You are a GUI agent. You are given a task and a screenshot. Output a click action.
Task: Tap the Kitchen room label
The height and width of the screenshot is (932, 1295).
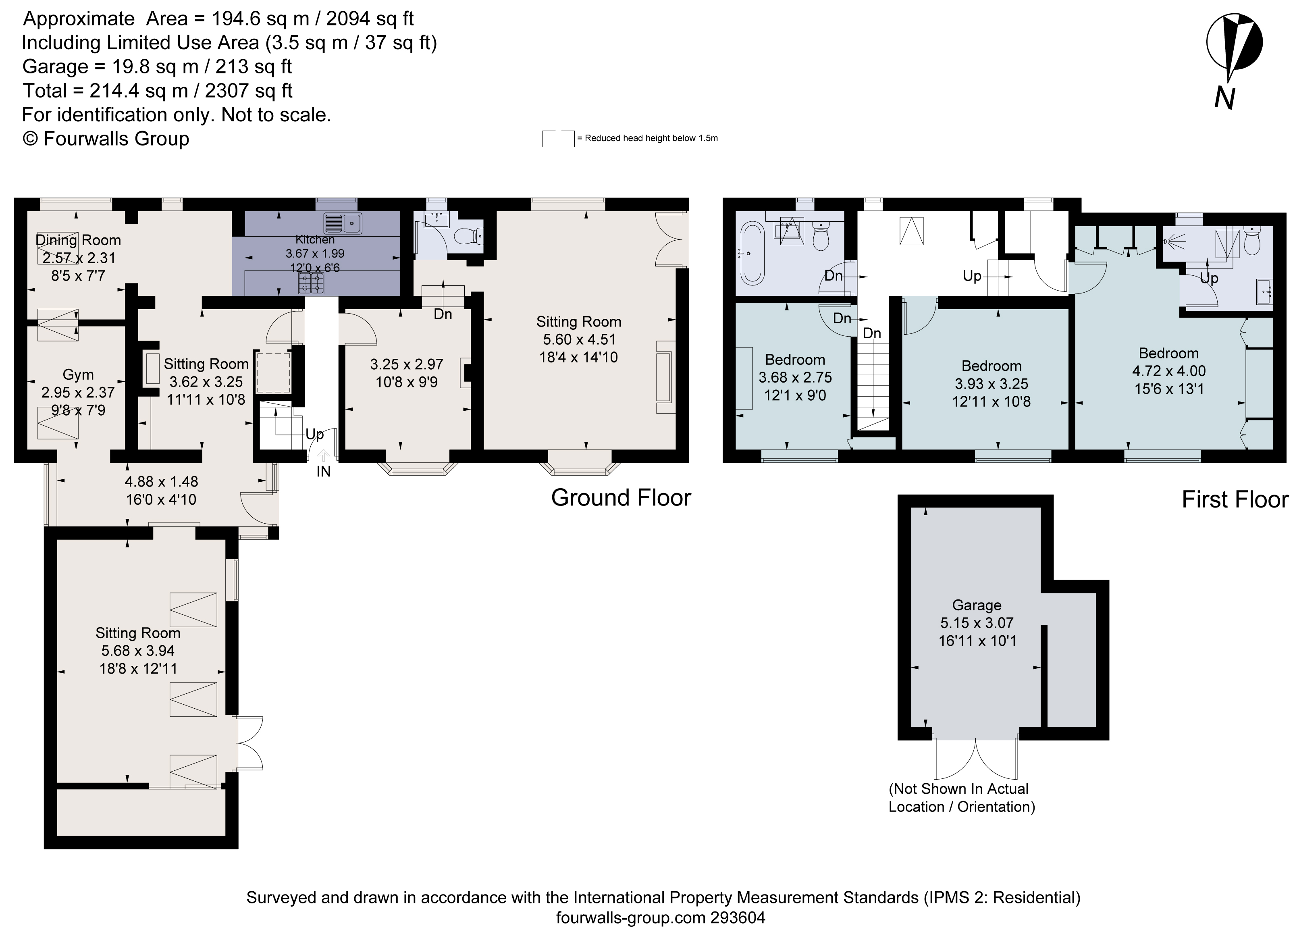coord(315,239)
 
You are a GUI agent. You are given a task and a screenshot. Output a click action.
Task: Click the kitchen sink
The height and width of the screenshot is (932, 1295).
coord(343,223)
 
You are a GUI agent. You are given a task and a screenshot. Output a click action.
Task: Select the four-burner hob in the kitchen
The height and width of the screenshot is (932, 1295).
coord(311,283)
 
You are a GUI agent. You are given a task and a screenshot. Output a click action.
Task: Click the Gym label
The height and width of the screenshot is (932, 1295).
coord(78,374)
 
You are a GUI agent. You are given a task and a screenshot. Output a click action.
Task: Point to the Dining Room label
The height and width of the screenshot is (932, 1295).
coord(78,240)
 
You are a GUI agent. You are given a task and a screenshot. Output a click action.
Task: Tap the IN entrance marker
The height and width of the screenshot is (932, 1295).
coord(323,471)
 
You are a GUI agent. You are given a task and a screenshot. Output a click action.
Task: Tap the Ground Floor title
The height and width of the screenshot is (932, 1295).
coord(621,498)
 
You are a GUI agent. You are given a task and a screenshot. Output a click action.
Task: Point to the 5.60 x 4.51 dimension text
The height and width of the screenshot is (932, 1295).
coord(579,340)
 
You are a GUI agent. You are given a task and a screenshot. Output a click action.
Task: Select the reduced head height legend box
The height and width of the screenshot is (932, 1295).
coord(558,139)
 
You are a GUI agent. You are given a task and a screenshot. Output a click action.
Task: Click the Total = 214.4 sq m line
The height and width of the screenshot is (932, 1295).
coord(157,91)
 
